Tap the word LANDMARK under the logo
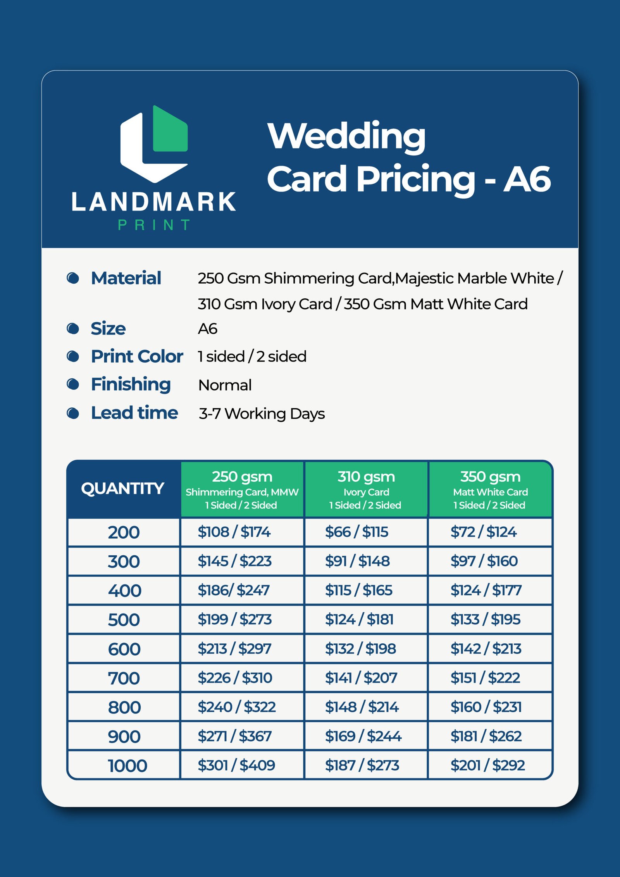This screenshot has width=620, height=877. point(154,202)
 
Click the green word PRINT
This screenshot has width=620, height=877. point(154,225)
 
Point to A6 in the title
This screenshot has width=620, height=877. point(527,179)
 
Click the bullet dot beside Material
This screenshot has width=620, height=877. point(73,278)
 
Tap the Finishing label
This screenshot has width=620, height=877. point(131,384)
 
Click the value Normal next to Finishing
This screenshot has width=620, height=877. point(225,385)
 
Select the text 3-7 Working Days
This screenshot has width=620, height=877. point(262,414)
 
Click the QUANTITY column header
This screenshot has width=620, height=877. point(123,488)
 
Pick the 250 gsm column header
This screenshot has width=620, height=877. point(242,489)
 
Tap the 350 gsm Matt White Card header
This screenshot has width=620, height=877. point(490,489)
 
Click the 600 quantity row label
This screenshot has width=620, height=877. point(124,649)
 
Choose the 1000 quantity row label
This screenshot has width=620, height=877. point(127,766)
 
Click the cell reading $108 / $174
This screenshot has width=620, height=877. point(234,532)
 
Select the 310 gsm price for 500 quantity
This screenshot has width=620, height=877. point(359,619)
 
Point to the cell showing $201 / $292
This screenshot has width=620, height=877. point(487,765)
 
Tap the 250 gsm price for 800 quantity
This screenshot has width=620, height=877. point(236,707)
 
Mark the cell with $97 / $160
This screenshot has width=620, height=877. point(484,561)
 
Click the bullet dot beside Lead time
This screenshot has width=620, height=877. point(73,413)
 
